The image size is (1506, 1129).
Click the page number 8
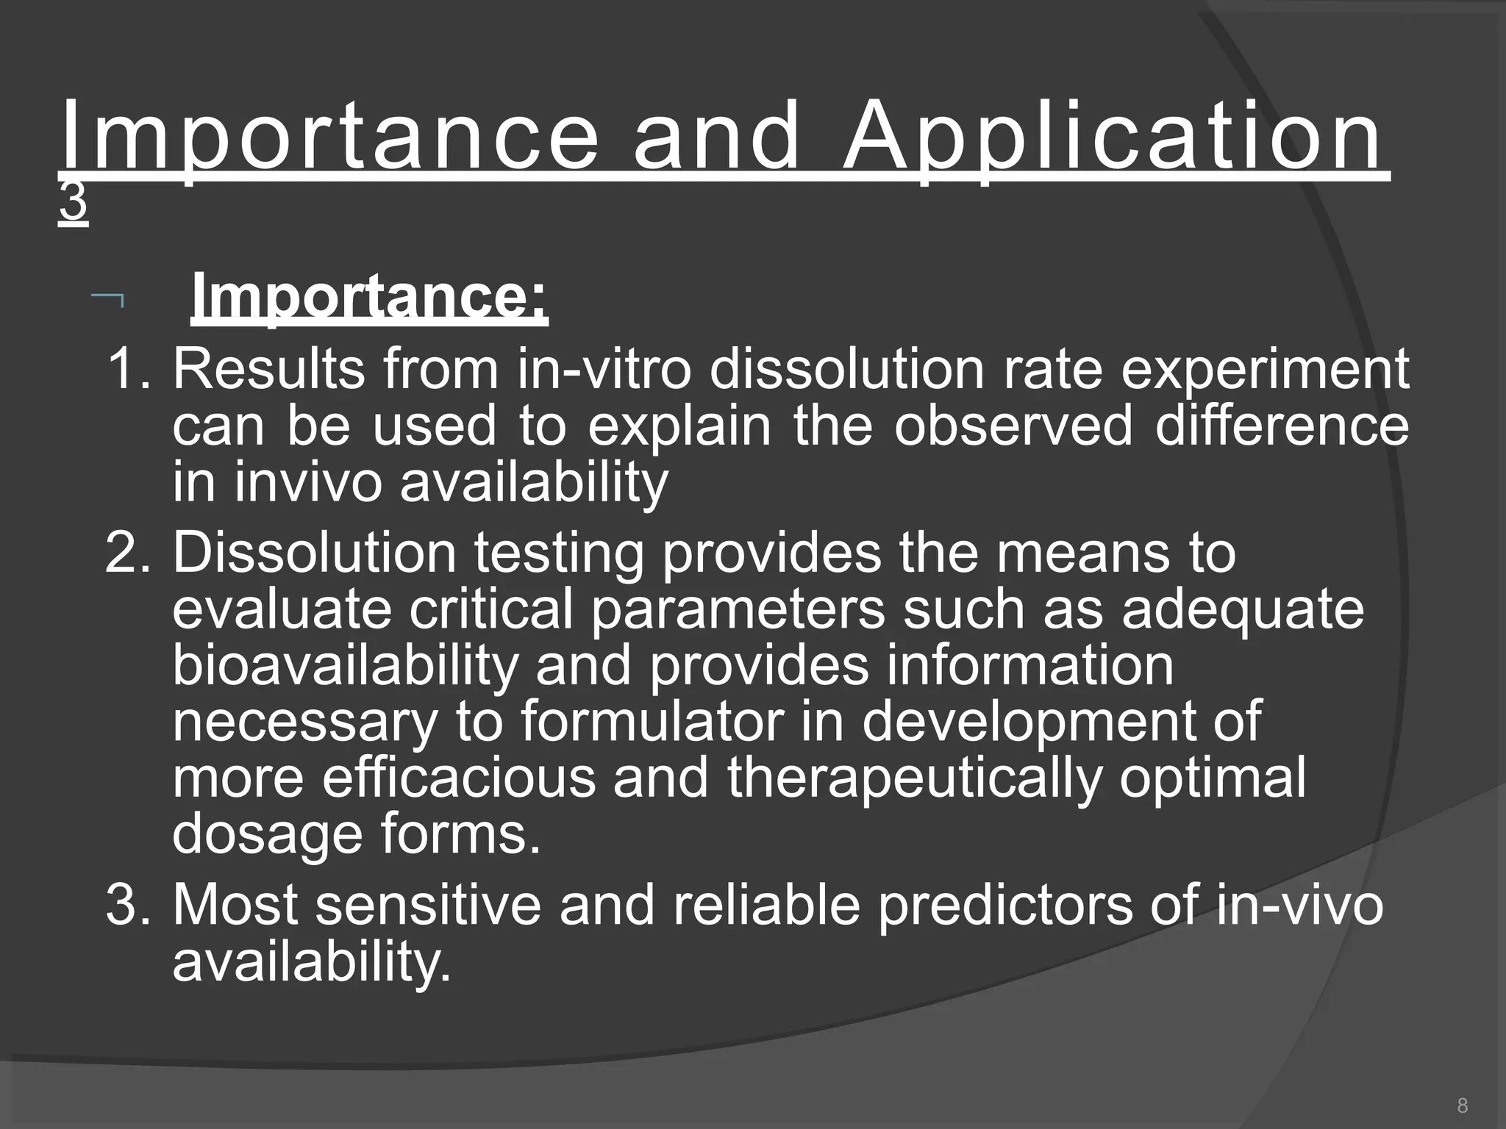click(x=1462, y=1105)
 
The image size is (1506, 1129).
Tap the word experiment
click(x=1265, y=370)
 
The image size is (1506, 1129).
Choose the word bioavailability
click(x=345, y=666)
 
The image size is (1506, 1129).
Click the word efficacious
click(x=459, y=778)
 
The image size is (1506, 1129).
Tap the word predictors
click(x=1005, y=906)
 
